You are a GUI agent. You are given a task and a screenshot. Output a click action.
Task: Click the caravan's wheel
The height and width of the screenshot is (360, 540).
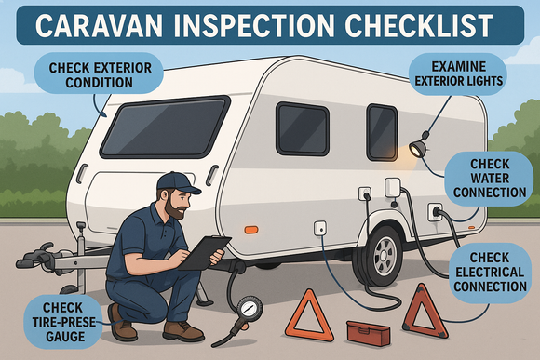point(383,255)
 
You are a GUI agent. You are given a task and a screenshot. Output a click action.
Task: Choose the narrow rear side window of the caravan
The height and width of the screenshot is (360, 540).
point(381,131)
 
